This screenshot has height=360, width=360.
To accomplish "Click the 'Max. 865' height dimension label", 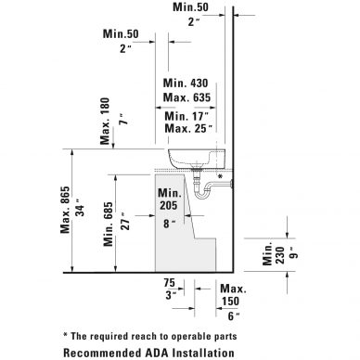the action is pyautogui.click(x=65, y=210).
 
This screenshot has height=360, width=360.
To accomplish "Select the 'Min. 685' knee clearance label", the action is pyautogui.click(x=109, y=225).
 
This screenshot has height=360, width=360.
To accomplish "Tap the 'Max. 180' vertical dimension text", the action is pyautogui.click(x=105, y=122).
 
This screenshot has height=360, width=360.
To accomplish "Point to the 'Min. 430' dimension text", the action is pyautogui.click(x=186, y=83).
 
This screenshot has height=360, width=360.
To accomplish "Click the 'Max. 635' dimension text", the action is pyautogui.click(x=186, y=97).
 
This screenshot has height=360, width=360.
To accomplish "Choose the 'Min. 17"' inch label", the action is pyautogui.click(x=186, y=116).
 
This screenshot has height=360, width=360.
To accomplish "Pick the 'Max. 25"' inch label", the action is pyautogui.click(x=188, y=128).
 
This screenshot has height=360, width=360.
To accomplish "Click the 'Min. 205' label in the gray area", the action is pyautogui.click(x=170, y=199).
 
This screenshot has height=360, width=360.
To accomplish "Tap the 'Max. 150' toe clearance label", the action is pyautogui.click(x=233, y=295).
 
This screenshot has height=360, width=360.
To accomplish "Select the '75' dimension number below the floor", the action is pyautogui.click(x=169, y=283).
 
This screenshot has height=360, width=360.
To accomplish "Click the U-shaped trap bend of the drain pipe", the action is pyautogui.click(x=202, y=194).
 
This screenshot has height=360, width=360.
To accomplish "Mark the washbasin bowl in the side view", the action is pyautogui.click(x=197, y=159).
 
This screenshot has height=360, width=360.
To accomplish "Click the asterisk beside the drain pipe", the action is pyautogui.click(x=220, y=176).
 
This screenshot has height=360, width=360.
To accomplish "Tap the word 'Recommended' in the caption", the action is pyautogui.click(x=102, y=353).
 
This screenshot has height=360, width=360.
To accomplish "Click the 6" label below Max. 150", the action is pyautogui.click(x=234, y=316).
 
